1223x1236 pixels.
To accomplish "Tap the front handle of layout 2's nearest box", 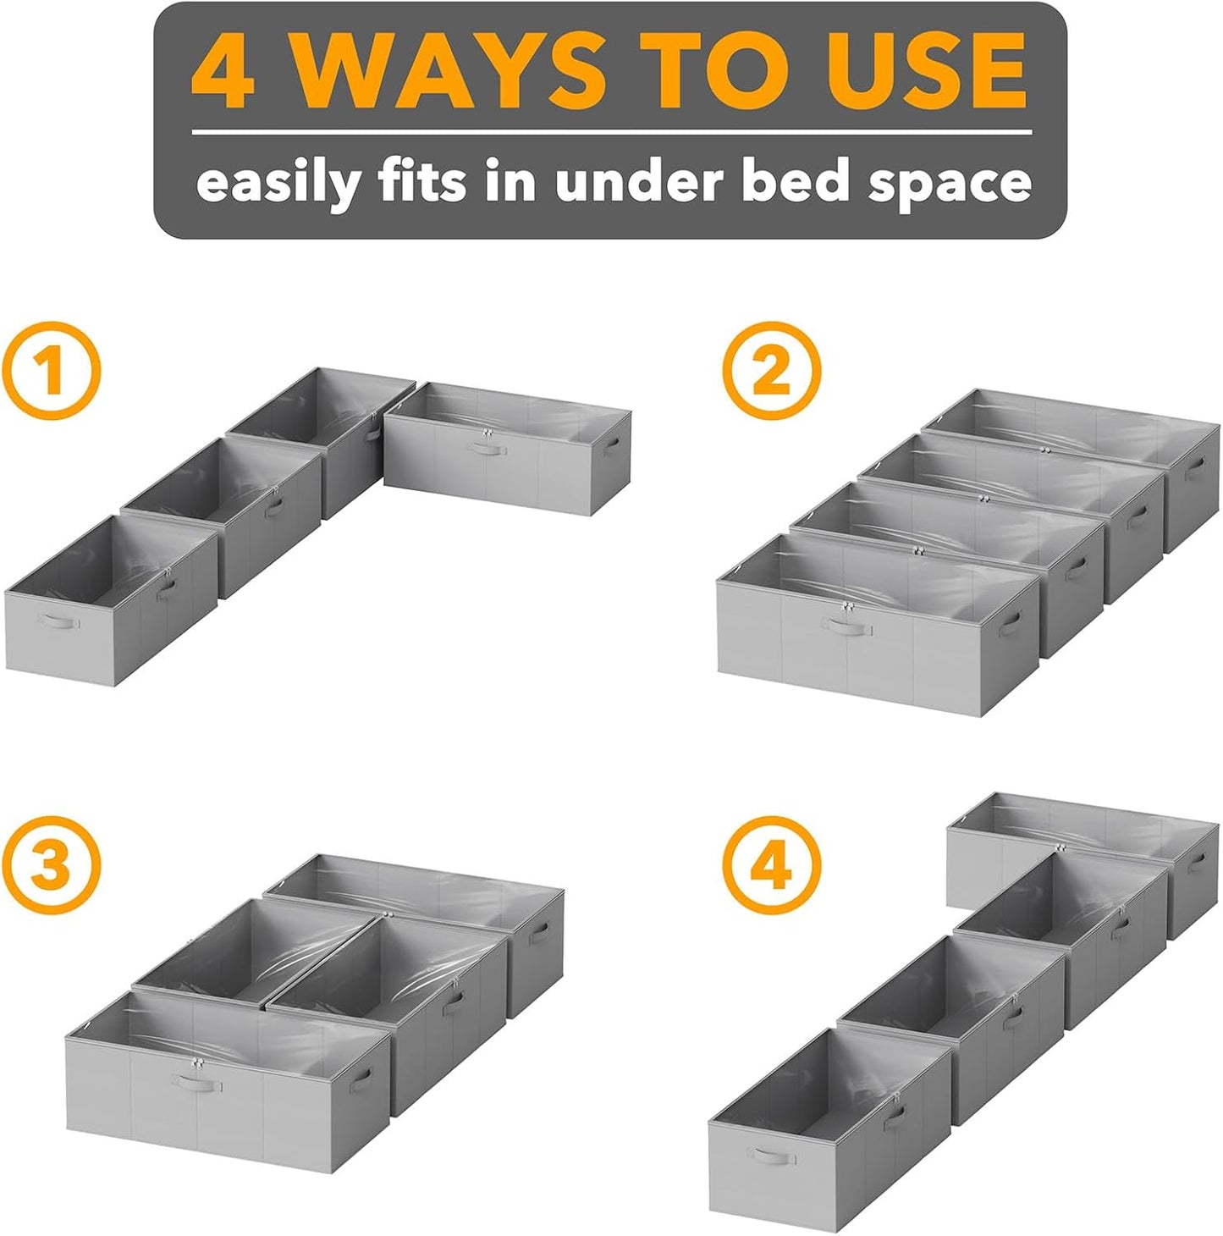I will [x=846, y=627].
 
